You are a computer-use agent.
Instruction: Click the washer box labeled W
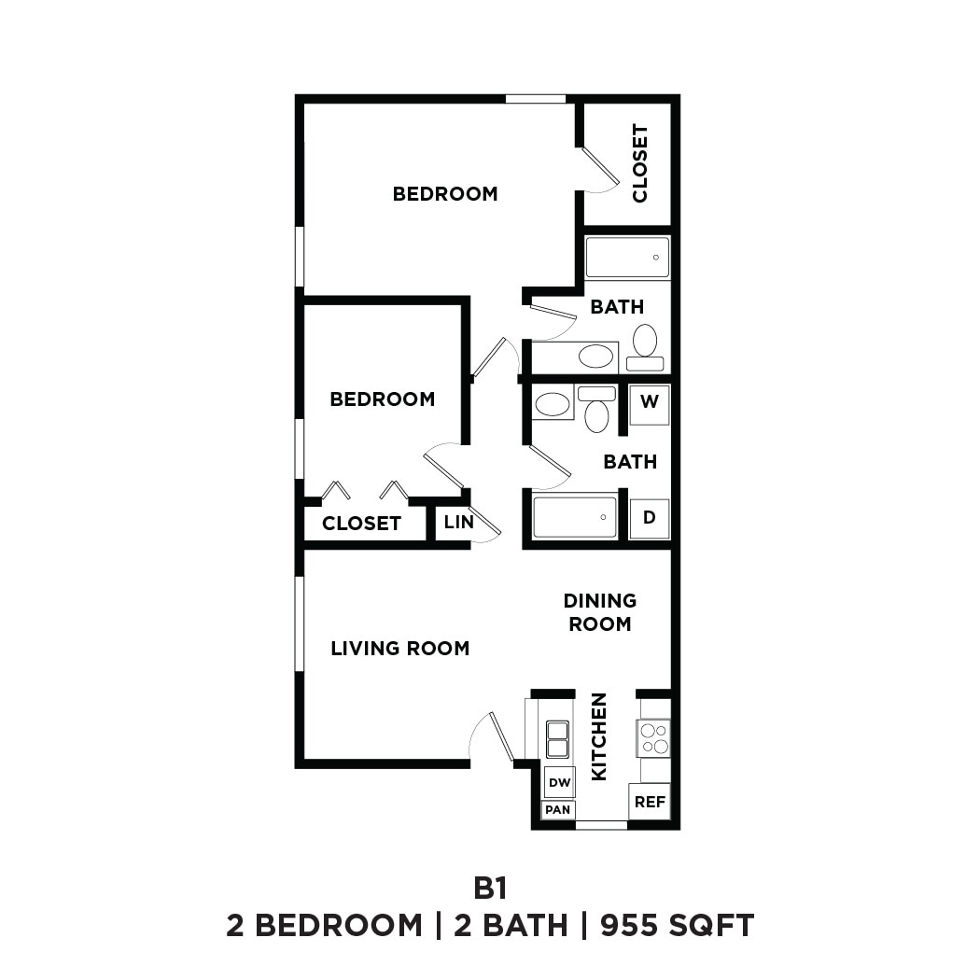click(650, 405)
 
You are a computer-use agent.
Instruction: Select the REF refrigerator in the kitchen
click(650, 801)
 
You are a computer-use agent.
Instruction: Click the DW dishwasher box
click(559, 782)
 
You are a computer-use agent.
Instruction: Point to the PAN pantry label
click(558, 809)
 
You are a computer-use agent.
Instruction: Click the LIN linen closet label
click(458, 522)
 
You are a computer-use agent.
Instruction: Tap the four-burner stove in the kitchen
click(653, 737)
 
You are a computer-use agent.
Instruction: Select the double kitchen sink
click(558, 739)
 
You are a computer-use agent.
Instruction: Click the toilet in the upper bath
click(645, 345)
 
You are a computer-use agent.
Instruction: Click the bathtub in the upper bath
click(627, 257)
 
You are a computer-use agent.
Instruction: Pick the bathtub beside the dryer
click(575, 517)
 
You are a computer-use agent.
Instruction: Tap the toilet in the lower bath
click(596, 411)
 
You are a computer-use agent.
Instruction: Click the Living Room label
click(399, 648)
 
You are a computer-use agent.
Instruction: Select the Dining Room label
click(600, 612)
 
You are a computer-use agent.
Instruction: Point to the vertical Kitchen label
click(599, 736)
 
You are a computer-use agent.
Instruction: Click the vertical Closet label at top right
click(639, 163)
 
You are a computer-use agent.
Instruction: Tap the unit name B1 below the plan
click(490, 886)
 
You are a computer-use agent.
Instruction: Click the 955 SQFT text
click(677, 925)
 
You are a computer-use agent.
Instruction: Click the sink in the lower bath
click(553, 404)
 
